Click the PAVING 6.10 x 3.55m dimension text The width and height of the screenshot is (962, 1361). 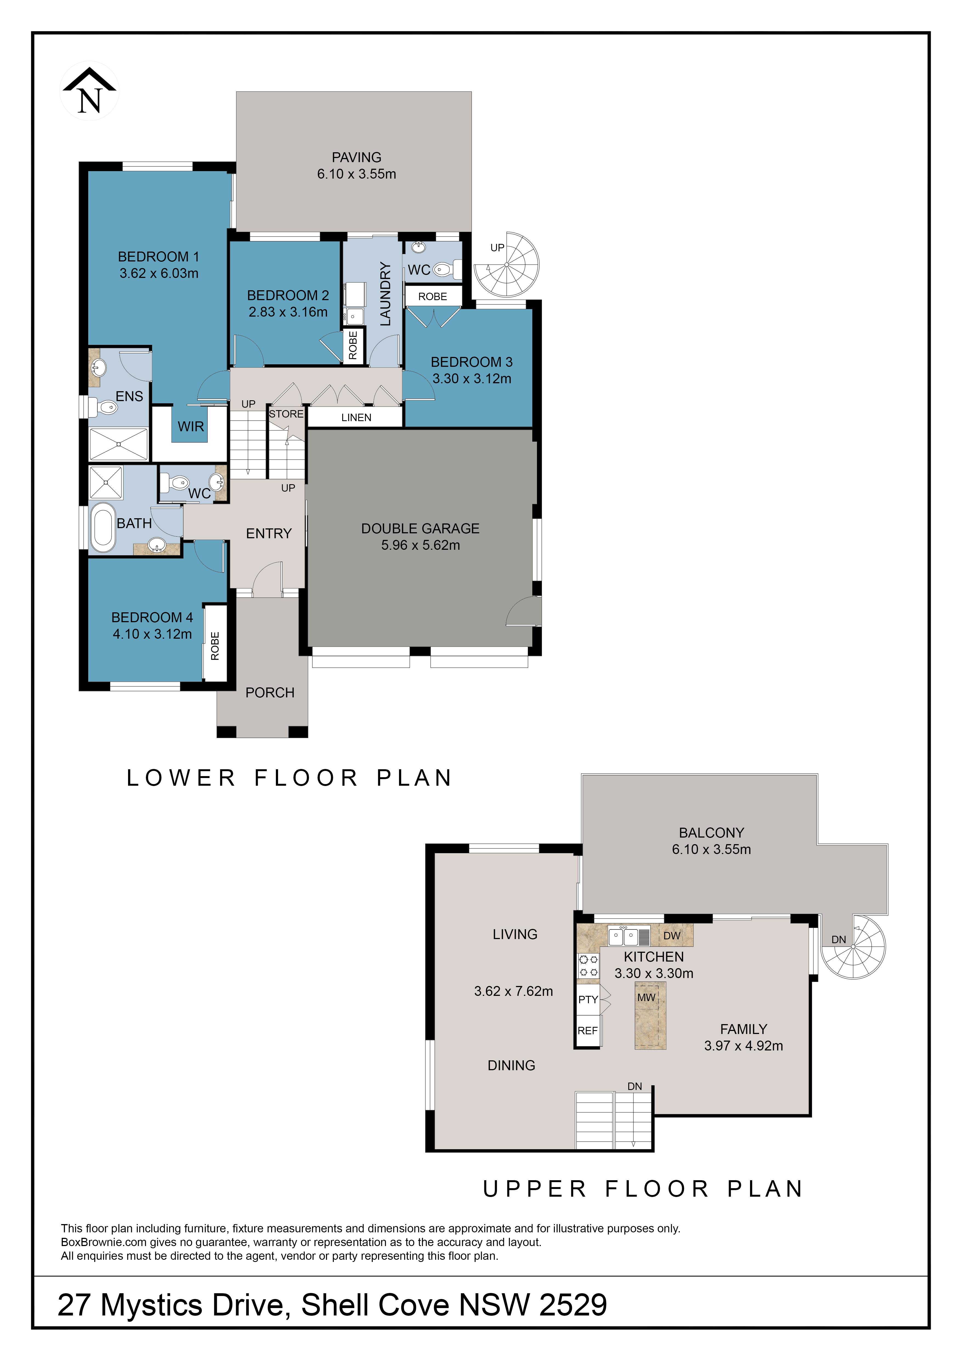(356, 174)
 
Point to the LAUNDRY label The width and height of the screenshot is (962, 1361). (386, 294)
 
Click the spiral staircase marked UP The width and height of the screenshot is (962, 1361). (507, 264)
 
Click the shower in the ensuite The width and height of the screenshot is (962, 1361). (118, 443)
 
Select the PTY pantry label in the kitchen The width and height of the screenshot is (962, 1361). (588, 999)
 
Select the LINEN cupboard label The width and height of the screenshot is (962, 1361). (356, 417)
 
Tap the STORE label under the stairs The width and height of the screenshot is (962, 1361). (286, 414)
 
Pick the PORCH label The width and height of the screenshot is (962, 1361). (270, 692)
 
